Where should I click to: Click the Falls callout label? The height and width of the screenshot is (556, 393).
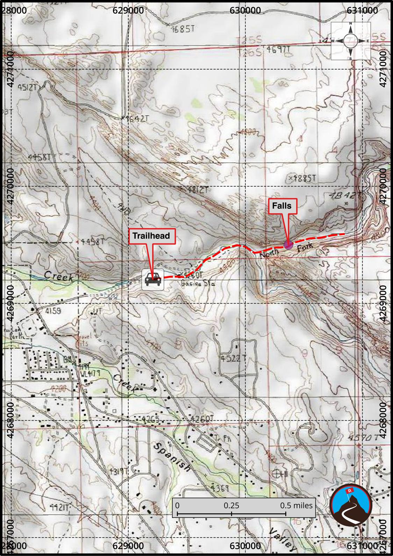282,206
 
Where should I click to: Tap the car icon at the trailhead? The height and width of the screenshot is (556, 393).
153,279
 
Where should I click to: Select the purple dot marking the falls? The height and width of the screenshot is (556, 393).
288,244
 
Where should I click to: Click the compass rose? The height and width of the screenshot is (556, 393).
350,41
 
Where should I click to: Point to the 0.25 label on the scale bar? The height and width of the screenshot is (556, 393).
231,505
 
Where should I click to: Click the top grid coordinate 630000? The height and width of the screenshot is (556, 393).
245,10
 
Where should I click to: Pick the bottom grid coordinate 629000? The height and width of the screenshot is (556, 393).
128,546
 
